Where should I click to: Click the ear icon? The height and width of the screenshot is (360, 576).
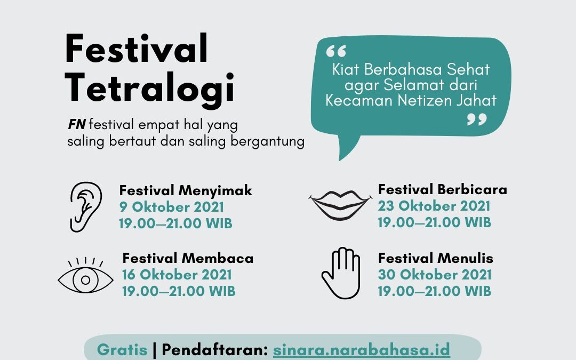click(x=85, y=207)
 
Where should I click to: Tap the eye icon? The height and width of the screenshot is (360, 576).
click(x=85, y=276)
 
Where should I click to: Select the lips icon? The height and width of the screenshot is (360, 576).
click(x=340, y=205)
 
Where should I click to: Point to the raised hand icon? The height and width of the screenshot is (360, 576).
click(x=341, y=273)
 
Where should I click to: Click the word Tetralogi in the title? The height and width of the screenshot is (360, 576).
click(x=149, y=88)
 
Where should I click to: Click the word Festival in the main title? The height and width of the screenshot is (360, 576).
click(x=137, y=49)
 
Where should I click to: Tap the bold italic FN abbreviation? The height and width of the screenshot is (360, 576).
click(x=77, y=125)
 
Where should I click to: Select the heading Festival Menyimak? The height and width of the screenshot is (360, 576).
click(x=186, y=190)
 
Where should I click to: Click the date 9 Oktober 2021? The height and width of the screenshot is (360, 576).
click(x=172, y=207)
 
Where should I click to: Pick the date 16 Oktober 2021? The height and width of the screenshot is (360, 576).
click(x=177, y=275)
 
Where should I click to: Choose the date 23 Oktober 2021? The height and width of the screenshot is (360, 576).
click(x=434, y=206)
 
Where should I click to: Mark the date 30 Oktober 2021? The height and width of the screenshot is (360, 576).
click(x=435, y=275)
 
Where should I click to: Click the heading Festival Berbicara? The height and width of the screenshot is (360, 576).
click(x=443, y=189)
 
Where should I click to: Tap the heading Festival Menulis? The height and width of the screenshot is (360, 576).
click(x=436, y=258)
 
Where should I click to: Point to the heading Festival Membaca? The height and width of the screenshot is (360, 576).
click(x=188, y=258)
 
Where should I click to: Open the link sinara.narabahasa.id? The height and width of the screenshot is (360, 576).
click(x=362, y=349)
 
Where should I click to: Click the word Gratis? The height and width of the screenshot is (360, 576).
click(x=122, y=349)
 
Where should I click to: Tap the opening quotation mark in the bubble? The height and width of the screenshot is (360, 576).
click(x=336, y=51)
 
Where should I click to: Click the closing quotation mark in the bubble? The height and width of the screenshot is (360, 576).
click(x=477, y=119)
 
